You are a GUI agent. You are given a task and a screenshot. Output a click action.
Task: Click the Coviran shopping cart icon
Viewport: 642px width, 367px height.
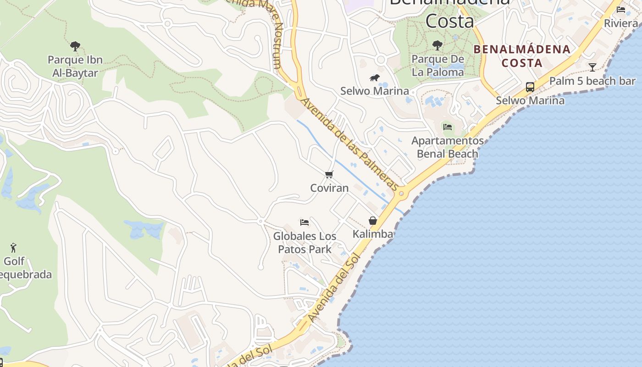(329, 174)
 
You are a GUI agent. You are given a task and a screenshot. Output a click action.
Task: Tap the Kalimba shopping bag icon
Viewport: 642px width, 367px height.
(373, 221)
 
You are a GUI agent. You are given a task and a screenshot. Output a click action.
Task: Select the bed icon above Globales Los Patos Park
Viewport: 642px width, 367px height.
(304, 222)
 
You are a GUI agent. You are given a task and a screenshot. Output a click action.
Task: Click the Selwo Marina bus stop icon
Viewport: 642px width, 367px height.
(530, 87)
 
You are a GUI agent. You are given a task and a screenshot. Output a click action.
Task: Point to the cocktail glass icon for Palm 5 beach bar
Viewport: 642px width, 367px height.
(592, 67)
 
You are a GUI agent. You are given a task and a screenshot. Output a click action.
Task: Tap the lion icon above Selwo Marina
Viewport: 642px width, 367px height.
(375, 78)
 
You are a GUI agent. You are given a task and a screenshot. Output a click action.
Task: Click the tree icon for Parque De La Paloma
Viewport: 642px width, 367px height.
(437, 45)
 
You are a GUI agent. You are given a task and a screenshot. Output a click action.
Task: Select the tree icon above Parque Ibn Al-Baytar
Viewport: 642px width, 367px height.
(75, 46)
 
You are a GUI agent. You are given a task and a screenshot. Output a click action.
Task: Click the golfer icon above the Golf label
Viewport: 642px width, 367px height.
(13, 248)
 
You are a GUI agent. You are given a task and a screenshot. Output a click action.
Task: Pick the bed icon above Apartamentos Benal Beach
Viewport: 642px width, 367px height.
(448, 127)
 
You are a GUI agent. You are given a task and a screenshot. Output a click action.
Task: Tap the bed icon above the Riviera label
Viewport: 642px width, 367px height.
(621, 9)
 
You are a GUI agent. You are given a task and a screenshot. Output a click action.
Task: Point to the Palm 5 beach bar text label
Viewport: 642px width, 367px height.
(592, 81)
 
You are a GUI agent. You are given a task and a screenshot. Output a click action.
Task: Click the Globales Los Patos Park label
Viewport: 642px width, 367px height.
(304, 243)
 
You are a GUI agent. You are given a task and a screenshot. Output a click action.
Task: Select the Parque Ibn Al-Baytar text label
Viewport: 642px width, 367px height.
(75, 66)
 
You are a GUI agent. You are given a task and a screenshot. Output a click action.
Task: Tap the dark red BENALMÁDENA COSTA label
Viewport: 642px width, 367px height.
(522, 56)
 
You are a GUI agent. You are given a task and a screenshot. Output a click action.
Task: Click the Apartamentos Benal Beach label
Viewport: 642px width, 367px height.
(448, 147)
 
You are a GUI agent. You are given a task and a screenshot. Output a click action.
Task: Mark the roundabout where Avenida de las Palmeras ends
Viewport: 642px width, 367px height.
(402, 193)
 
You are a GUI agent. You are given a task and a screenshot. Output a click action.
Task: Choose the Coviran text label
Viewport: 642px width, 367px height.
(329, 188)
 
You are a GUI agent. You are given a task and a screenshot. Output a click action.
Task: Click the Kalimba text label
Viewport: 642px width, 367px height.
(373, 234)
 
